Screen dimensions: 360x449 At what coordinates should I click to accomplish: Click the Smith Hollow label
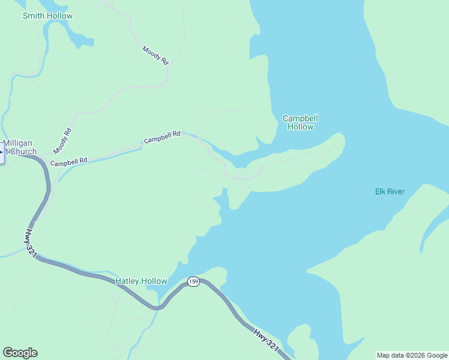tap(47, 16)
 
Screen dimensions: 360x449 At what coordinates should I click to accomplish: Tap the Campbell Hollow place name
tap(300, 122)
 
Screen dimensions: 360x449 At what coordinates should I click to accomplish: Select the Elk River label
tap(390, 191)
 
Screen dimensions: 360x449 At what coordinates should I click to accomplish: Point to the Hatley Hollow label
tap(141, 281)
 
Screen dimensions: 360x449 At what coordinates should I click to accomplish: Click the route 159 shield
tap(193, 281)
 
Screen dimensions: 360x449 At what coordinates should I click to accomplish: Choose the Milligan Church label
tap(20, 147)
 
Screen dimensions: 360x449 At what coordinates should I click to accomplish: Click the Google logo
tap(20, 353)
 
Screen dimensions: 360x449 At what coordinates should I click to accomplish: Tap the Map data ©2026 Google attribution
tap(412, 355)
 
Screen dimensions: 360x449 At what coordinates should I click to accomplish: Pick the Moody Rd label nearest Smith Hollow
tap(155, 56)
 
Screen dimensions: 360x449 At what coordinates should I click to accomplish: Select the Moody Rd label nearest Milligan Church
tap(62, 140)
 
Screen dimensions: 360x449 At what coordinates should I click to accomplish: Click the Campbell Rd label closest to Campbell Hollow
tap(162, 137)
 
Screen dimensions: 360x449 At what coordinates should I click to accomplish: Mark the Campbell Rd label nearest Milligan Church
tap(69, 161)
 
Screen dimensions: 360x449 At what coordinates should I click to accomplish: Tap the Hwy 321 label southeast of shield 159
tap(265, 338)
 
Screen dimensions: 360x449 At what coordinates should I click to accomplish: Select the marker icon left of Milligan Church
tap(1, 152)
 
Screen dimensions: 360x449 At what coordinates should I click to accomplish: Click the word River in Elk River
tap(396, 191)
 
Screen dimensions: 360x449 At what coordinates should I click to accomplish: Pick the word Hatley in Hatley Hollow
tap(127, 281)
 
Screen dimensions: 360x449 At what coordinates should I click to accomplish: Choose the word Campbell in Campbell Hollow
tap(300, 118)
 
